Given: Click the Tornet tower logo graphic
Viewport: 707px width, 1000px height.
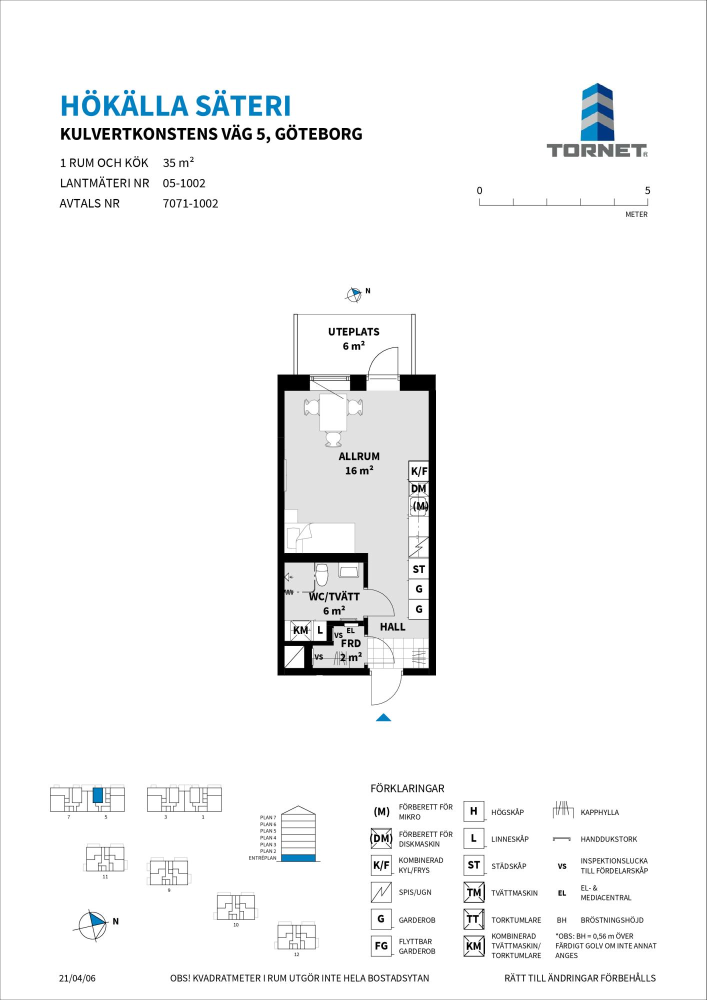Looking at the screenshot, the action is click(597, 112).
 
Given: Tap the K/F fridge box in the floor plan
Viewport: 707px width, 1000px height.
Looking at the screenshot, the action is click(418, 471).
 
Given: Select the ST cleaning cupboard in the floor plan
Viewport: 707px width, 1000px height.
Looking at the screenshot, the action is click(418, 569).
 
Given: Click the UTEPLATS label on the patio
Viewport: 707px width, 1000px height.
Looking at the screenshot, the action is click(353, 331).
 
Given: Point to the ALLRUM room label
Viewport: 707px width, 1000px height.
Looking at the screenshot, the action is click(359, 456).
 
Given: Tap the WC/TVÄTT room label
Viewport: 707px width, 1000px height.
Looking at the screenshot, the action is click(334, 596).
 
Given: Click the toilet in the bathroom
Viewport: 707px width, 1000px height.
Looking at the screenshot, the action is click(321, 574).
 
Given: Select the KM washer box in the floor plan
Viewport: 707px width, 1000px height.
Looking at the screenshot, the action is click(301, 630).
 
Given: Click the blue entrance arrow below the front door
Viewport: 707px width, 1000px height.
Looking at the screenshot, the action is click(383, 717).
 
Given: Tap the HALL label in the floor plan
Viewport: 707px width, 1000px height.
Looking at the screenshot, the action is click(392, 626).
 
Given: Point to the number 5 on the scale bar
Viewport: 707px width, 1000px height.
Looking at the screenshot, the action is click(647, 190).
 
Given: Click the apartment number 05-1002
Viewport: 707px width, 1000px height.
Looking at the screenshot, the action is click(184, 183).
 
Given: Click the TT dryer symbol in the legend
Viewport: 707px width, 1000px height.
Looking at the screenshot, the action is click(473, 918).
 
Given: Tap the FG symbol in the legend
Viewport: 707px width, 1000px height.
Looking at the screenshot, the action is click(381, 946).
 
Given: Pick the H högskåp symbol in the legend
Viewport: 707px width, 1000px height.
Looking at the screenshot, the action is click(473, 811).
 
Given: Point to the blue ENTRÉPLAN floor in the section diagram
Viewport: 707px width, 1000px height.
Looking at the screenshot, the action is click(298, 858).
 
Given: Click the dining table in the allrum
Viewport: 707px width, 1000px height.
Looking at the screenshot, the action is click(333, 412).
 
